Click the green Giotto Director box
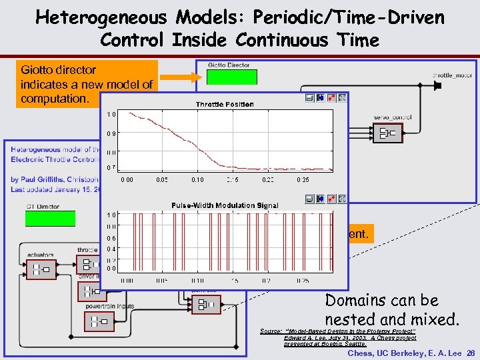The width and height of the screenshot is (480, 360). click(x=231, y=77)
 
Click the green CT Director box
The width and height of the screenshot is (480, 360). click(x=50, y=219)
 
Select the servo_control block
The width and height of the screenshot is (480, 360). click(x=388, y=133)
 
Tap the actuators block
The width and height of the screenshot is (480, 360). click(x=42, y=269)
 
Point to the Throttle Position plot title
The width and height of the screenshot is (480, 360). click(x=225, y=105)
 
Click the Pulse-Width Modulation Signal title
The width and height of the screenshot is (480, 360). click(x=225, y=205)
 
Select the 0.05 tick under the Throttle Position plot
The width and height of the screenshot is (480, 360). click(x=161, y=180)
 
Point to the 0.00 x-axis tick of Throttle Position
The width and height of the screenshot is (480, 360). click(x=126, y=180)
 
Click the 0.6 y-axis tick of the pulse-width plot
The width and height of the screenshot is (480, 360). click(x=113, y=238)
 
